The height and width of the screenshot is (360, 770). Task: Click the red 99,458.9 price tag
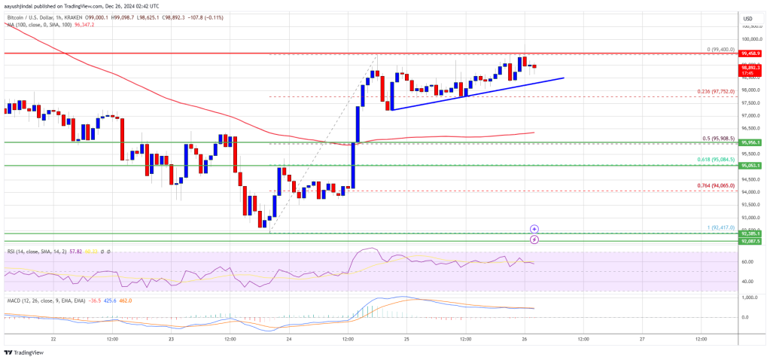coord(751,53)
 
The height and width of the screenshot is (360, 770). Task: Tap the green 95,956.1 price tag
coord(751,142)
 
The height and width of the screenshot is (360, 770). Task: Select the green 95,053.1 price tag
coord(751,166)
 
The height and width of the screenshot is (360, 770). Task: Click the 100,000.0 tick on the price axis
coord(753,38)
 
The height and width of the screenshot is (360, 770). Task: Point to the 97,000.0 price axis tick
coord(753,115)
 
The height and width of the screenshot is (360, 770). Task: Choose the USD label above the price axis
coord(747,19)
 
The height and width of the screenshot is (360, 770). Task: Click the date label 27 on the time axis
coord(642,339)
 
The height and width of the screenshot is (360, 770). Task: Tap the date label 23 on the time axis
coord(172,339)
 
